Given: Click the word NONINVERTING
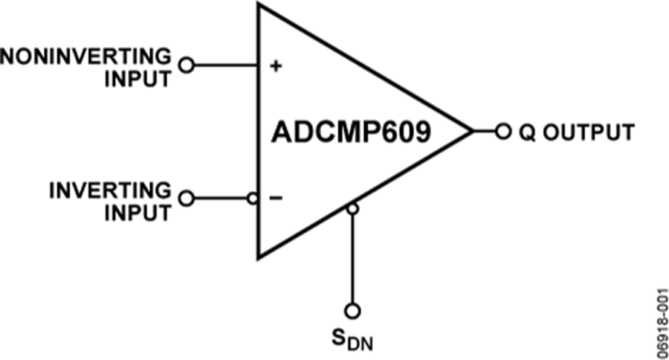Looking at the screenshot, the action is coord(85,57).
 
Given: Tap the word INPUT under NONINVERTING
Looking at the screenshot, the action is coord(138,80).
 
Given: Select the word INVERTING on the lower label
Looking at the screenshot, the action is coord(110,190).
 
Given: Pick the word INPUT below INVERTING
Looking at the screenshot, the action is coord(138,213).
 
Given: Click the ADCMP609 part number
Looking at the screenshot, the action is coord(351,132).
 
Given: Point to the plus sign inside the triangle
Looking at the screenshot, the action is coord(276,65).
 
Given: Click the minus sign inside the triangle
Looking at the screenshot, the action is coord(276,198).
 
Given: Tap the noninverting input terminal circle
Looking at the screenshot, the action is coord(186,65).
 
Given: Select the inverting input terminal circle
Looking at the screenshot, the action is coord(186,199).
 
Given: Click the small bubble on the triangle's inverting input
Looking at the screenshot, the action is coord(253,199).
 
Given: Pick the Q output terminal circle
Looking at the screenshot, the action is coord(503,131).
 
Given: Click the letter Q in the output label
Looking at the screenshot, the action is coord(527,132).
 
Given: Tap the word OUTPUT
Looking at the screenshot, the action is coord(589,132).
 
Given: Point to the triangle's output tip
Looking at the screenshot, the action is coord(473,131).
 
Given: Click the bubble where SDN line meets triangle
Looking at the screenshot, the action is coord(352,209).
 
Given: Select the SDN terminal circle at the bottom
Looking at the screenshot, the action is coord(352,311).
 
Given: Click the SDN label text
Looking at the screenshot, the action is coord(352,340).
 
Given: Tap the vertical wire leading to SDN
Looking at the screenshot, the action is coord(352,259).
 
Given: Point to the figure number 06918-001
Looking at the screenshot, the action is coord(662,324).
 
